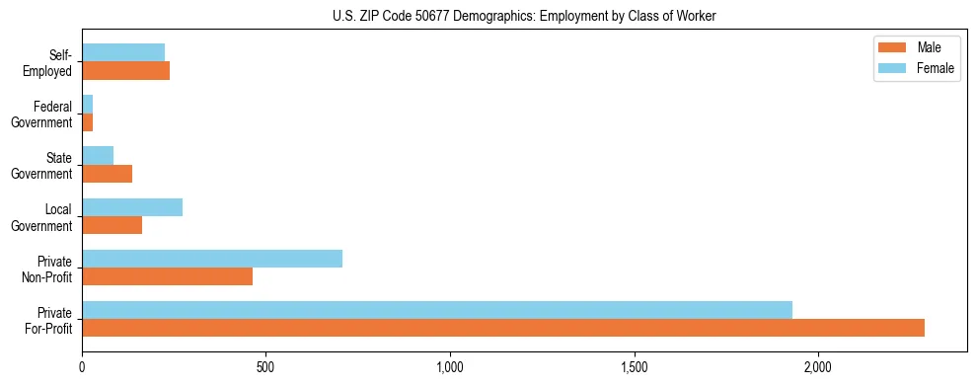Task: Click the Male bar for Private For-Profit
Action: pos(503,328)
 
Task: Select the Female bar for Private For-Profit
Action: pos(437,310)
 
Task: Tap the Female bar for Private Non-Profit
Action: pos(212,259)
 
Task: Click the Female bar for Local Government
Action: pos(132,207)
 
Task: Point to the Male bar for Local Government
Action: pos(113,225)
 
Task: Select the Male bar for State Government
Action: pos(108,174)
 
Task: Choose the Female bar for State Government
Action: pos(98,156)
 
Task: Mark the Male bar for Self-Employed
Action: pos(126,71)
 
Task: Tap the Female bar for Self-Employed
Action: pos(123,53)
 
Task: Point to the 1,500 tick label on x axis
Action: pos(635,367)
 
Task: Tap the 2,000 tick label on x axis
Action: pos(818,367)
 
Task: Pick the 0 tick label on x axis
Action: pos(82,367)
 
